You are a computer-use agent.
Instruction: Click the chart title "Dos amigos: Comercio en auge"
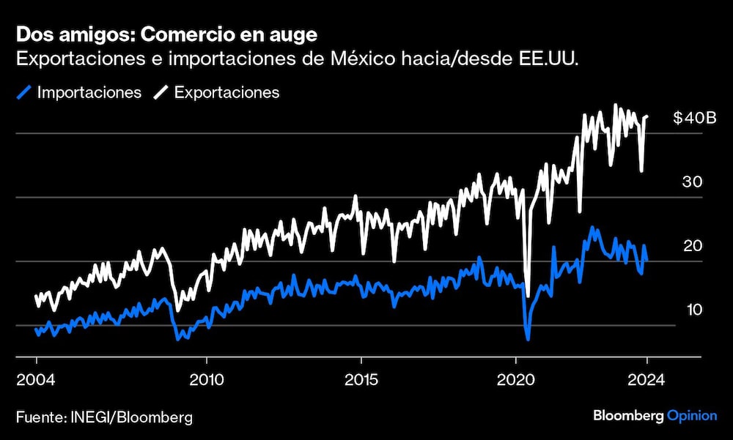[x=166, y=34]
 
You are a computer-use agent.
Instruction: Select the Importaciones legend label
[x=89, y=93]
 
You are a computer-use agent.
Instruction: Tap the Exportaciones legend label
[x=226, y=93]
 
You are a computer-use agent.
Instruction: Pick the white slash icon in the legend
[x=161, y=93]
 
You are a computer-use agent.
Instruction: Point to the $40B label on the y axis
[x=693, y=119]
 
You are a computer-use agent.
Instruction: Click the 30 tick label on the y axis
[x=693, y=182]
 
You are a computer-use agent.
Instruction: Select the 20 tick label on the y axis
[x=693, y=246]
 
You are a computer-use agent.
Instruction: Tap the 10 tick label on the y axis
[x=693, y=310]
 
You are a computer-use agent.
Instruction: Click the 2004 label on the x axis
[x=36, y=380]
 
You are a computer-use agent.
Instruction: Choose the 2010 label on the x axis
[x=207, y=380]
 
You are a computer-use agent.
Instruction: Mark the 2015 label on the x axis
[x=361, y=380]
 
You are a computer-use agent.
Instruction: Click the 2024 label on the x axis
[x=647, y=380]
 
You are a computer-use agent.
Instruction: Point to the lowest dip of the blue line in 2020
[x=527, y=339]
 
